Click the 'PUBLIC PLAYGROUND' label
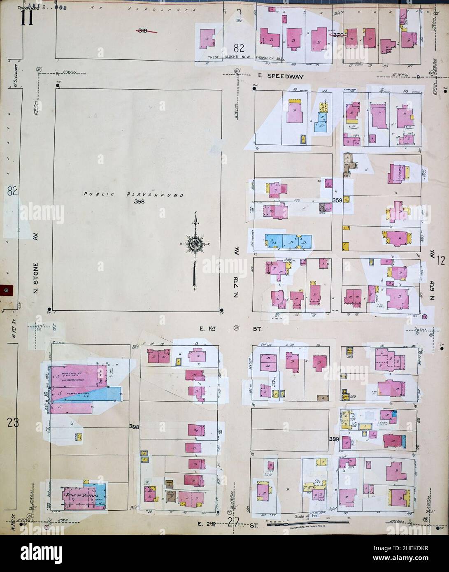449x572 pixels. (133, 194)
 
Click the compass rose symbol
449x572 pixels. (194, 244)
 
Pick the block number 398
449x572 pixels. (135, 427)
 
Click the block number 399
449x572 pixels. (334, 439)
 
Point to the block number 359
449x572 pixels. (337, 200)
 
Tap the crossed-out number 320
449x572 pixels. (337, 35)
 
